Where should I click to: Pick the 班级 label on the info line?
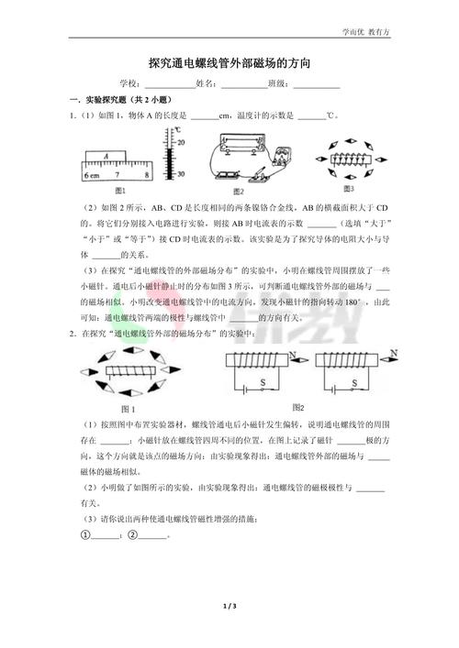point(279,84)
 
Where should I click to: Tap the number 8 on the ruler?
point(147,173)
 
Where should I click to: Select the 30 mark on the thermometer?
point(181,173)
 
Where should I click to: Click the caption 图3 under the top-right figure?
point(348,188)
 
